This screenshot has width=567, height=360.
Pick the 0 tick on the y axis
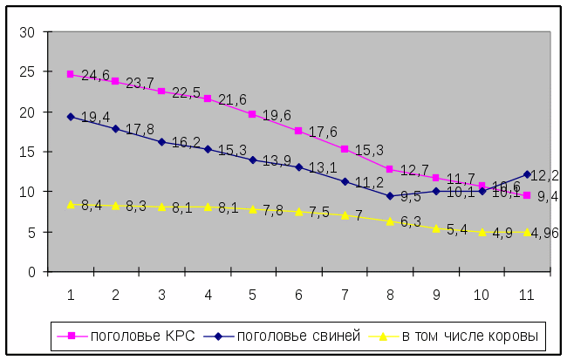[31, 271]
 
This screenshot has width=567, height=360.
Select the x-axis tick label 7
[345, 295]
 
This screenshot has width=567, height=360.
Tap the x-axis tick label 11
[527, 295]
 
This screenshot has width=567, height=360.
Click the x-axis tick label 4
[208, 295]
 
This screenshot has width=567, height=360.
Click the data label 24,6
[95, 75]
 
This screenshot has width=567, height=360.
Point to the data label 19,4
[95, 117]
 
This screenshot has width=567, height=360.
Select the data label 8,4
[92, 206]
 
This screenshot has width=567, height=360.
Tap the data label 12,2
[547, 176]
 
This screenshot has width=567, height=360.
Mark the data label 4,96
[546, 233]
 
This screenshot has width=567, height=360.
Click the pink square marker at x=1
[71, 74]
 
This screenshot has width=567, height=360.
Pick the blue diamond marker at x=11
[527, 174]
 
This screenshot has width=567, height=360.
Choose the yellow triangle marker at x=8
[390, 221]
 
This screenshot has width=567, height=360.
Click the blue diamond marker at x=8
[390, 195]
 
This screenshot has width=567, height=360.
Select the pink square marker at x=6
[298, 131]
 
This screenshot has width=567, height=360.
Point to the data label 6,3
[410, 222]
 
